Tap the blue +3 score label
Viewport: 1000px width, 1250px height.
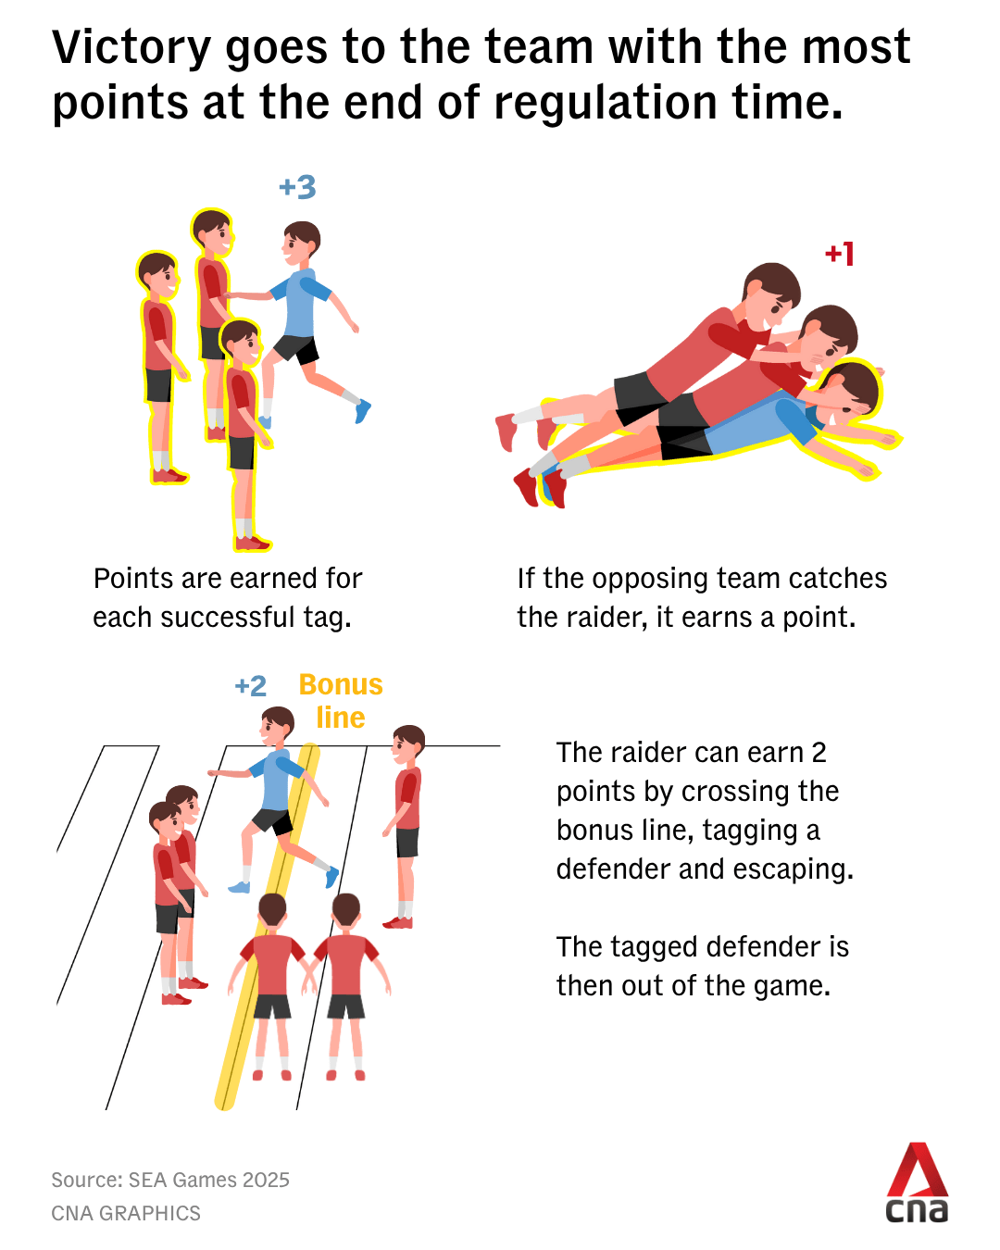pos(297,188)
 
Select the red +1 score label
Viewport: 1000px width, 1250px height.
pos(840,254)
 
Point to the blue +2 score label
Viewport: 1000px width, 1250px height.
pos(250,686)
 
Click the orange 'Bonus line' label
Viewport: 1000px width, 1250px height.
pos(340,701)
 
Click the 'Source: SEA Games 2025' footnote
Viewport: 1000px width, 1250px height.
pos(170,1180)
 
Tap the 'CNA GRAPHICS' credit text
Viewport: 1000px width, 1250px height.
pos(126,1213)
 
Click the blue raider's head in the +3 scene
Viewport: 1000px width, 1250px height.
pos(300,243)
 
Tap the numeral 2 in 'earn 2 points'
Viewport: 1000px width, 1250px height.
pos(819,753)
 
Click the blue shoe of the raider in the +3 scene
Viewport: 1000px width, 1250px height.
pos(362,411)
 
